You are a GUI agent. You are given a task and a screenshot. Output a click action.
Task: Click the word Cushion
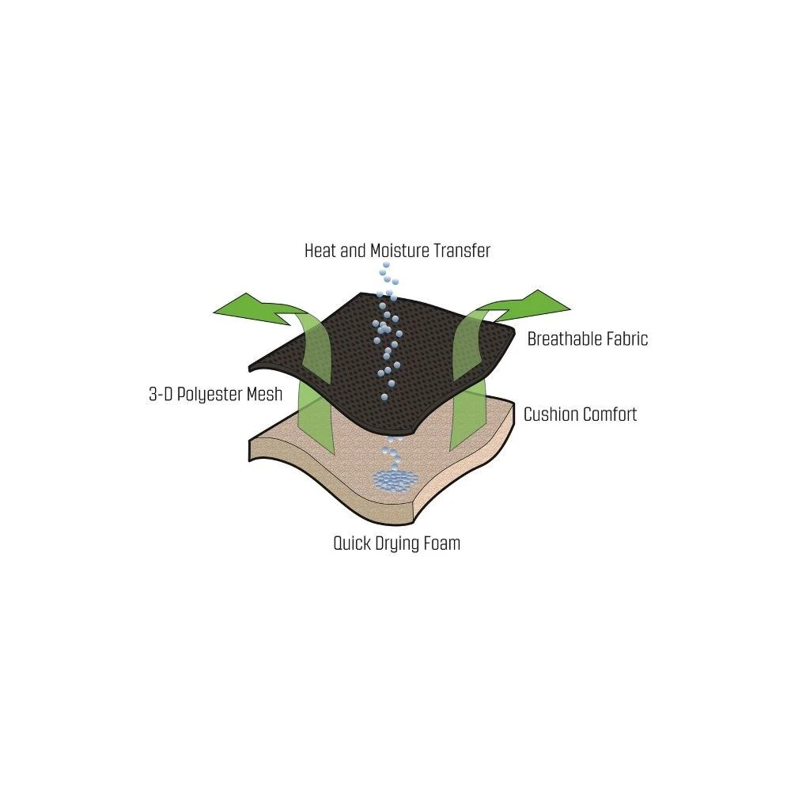(x=551, y=414)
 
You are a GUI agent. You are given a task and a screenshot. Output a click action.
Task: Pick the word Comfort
(x=610, y=414)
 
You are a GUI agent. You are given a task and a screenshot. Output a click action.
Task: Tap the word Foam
(x=442, y=543)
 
